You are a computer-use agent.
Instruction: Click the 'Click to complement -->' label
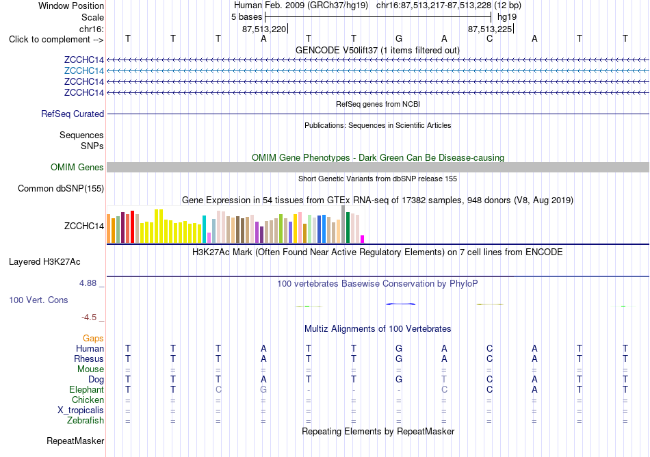click(56, 40)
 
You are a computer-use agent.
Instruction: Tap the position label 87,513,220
click(264, 29)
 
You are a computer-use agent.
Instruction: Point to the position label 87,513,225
click(490, 29)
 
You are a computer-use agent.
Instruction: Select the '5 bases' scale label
click(246, 17)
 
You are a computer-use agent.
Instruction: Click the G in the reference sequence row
click(399, 38)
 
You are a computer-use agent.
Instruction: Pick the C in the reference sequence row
click(490, 38)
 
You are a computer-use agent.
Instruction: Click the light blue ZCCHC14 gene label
click(83, 70)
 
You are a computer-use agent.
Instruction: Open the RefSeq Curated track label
click(73, 114)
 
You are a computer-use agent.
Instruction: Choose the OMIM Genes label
click(77, 167)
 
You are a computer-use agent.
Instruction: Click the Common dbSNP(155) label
click(61, 189)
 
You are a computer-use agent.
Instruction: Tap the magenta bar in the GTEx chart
click(363, 239)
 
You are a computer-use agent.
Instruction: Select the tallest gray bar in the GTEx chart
click(343, 224)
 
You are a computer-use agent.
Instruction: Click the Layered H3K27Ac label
click(44, 262)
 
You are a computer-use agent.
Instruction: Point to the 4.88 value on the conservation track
click(88, 283)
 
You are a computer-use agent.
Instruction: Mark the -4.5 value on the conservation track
click(89, 317)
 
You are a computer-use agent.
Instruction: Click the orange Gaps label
click(93, 339)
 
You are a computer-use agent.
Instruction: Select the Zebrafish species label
click(86, 420)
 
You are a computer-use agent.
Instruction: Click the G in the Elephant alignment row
click(263, 389)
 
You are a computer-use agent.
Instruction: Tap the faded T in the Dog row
click(444, 379)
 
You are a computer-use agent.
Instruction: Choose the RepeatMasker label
click(75, 441)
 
